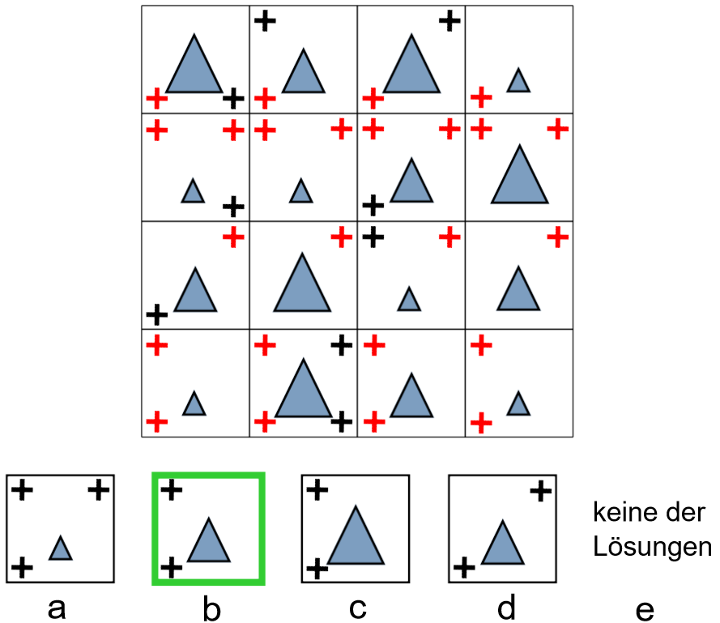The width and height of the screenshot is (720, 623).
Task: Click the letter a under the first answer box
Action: click(57, 608)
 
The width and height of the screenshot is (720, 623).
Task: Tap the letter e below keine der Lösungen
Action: click(645, 609)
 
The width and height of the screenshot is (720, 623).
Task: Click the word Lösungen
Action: click(651, 548)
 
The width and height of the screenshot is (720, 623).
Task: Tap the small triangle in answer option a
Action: click(61, 549)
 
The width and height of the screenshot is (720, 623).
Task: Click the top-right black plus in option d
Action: click(541, 489)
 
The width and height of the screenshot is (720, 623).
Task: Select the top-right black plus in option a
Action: click(98, 489)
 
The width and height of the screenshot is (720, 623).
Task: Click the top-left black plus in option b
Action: click(171, 489)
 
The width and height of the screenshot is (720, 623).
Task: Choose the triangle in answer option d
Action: click(502, 544)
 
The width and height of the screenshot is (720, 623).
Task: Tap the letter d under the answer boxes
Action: click(507, 608)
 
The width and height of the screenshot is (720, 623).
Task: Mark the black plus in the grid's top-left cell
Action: click(232, 99)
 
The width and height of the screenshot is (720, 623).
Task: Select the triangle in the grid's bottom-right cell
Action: click(518, 403)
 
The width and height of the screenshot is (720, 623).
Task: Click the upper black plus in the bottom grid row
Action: click(342, 346)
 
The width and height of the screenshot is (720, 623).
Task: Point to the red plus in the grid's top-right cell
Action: click(481, 98)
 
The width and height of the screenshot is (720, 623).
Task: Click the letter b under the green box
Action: click(211, 609)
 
